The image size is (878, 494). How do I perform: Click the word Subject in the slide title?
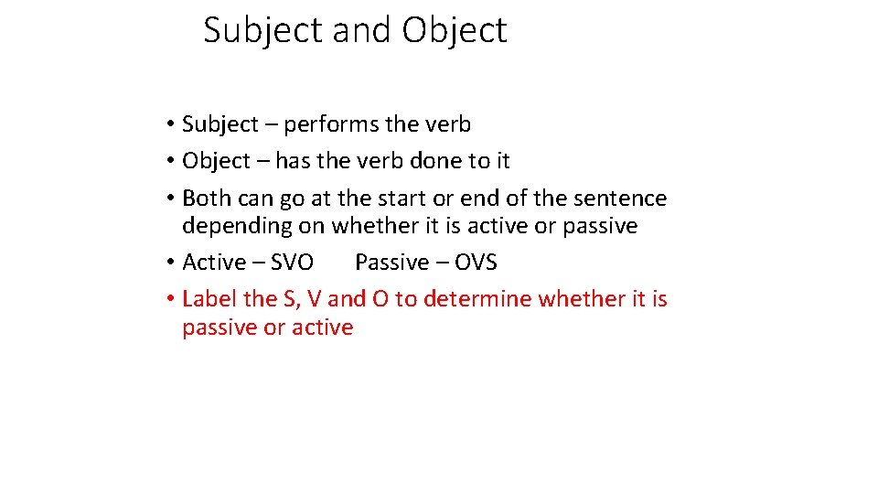[x=263, y=30]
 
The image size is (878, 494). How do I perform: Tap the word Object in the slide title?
[x=454, y=30]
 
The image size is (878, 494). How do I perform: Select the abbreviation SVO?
[x=294, y=263]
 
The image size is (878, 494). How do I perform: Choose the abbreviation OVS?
[x=476, y=263]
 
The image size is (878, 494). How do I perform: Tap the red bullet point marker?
[x=171, y=299]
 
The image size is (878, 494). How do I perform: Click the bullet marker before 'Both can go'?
[x=171, y=199]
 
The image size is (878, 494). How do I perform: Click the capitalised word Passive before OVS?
[x=391, y=263]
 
